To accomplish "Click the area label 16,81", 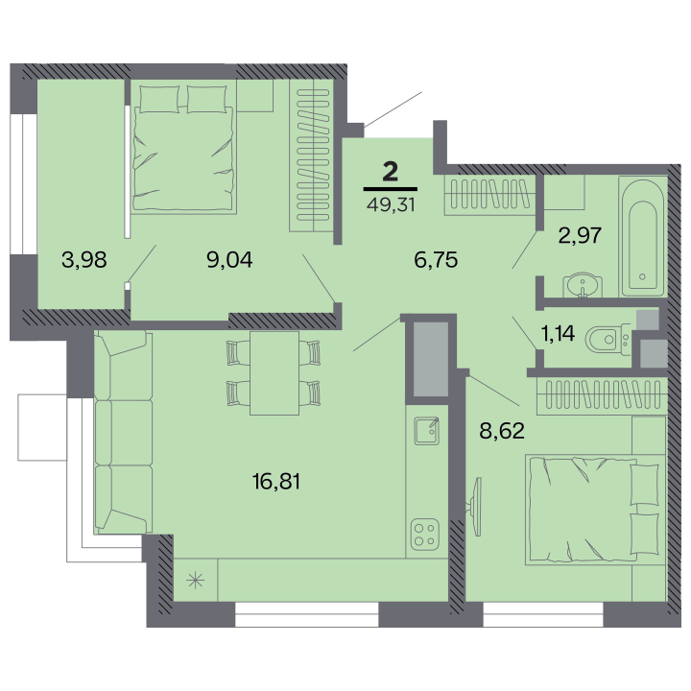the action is tap(276, 481).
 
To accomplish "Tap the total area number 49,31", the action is tap(391, 204).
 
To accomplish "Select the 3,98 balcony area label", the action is tap(84, 259).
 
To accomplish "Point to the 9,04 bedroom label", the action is tap(229, 259).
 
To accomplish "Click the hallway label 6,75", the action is tap(436, 259).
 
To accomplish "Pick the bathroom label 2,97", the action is tap(580, 235).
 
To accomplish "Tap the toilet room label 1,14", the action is tap(558, 333).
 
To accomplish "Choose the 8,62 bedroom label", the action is tap(502, 431).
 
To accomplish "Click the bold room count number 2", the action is tap(391, 172).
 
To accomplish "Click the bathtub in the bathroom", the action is tap(643, 236).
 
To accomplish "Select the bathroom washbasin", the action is tap(583, 286).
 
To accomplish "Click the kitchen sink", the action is tap(427, 431).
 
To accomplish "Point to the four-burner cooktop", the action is tap(425, 535).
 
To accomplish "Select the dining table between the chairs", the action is tap(274, 373).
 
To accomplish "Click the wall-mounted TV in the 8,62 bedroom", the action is tap(475, 507).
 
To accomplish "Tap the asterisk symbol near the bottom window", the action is tap(195, 581).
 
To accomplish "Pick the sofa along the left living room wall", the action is tap(124, 432).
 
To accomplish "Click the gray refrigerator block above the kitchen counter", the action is tap(431, 359).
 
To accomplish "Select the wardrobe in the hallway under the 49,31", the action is tap(489, 195).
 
